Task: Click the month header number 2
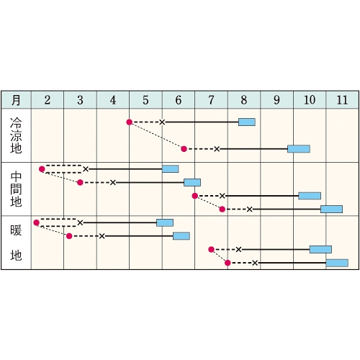coord(48,100)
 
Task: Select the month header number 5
coord(145,100)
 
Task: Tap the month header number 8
coord(244,100)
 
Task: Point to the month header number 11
coord(342,100)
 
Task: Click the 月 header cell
coord(16,100)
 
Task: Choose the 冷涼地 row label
coord(16,135)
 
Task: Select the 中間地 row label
coord(16,189)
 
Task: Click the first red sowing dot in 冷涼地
coord(130,122)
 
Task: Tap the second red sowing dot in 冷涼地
coord(184,149)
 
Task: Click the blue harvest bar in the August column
coord(247,122)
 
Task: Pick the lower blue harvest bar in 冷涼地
coord(299,149)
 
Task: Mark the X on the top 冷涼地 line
coord(162,122)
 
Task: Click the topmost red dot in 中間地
coord(42,169)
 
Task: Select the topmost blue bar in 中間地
coord(170,169)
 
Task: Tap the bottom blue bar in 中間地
coord(331,210)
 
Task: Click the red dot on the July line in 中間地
coord(195,196)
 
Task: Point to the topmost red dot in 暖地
coord(36,222)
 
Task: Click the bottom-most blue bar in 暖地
coord(337,263)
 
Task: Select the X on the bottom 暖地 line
coord(255,263)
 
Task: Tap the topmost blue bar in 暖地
coord(165,222)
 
